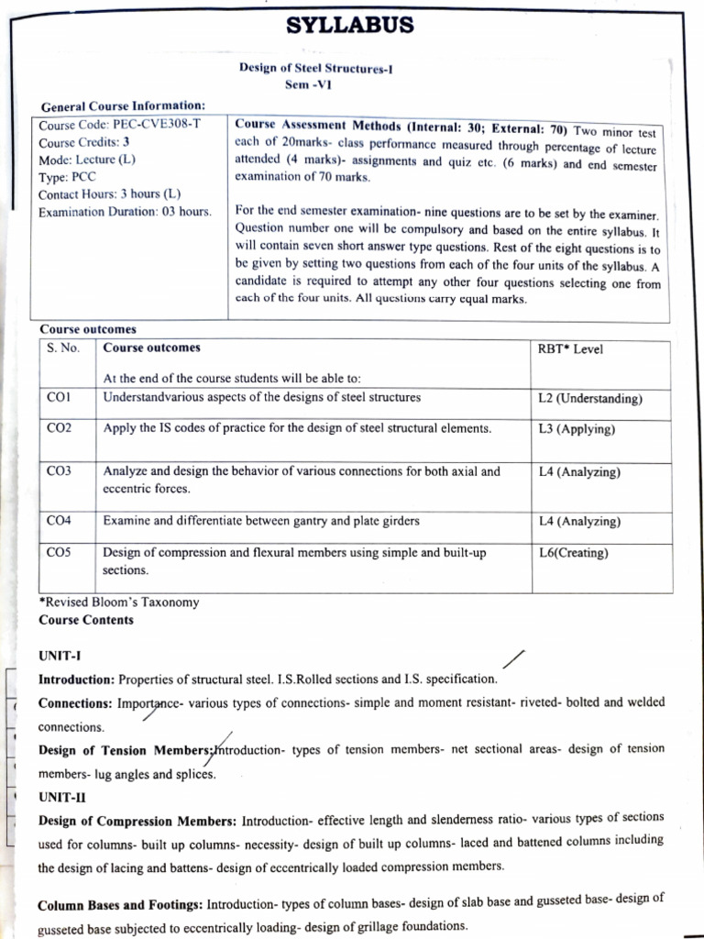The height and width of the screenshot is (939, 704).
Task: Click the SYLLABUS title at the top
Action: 350,25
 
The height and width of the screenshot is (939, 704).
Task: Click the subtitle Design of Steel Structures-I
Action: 315,67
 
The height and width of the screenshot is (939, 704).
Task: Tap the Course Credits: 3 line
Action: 84,142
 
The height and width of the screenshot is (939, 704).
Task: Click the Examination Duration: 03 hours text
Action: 125,212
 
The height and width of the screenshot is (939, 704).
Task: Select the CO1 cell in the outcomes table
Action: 59,398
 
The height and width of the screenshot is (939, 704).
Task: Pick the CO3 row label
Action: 59,471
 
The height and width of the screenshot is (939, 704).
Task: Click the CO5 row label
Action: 59,553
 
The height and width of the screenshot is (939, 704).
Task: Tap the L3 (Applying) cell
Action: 577,429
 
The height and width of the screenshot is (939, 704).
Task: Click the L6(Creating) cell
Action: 574,553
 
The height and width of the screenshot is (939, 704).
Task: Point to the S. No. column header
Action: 63,348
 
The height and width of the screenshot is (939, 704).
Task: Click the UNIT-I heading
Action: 60,656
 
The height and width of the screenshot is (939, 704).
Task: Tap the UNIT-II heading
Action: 62,797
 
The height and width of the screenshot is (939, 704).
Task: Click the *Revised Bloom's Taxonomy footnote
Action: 118,602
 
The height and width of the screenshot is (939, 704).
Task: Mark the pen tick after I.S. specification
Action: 514,660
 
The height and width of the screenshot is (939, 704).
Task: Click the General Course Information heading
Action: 122,105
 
